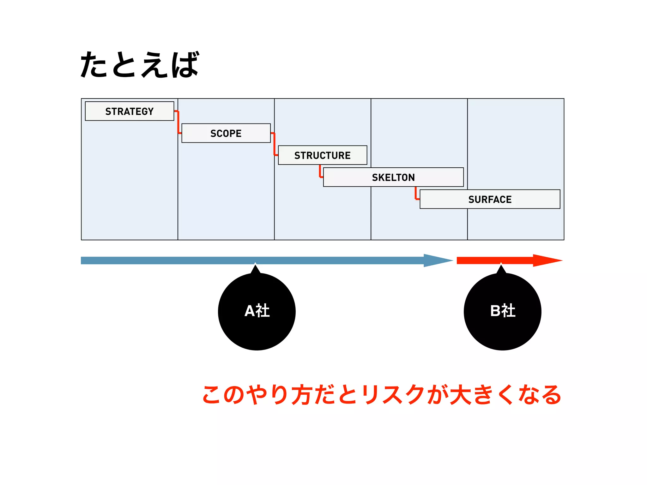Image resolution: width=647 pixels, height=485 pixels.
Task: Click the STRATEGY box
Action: point(130,111)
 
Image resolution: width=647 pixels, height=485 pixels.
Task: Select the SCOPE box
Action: point(226,133)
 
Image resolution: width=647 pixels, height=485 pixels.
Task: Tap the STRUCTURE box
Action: point(323,155)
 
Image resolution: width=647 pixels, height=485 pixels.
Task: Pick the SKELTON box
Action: point(393,177)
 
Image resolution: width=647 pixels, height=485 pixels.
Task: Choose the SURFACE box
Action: point(490,199)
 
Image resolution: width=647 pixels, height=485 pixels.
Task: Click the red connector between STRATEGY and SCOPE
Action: point(178,122)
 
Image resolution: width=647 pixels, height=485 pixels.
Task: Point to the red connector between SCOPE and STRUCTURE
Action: point(275,144)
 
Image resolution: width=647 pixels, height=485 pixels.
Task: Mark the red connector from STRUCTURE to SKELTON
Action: point(320,171)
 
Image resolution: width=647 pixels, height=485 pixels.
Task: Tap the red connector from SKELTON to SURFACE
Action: point(416,194)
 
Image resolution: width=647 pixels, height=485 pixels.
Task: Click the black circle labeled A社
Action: point(257,312)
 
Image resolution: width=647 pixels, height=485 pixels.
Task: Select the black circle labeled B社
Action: point(502,312)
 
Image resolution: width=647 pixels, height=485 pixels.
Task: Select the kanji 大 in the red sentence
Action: point(461,395)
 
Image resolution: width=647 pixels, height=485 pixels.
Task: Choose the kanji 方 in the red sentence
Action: point(302,395)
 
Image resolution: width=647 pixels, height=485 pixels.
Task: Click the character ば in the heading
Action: point(185,65)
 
